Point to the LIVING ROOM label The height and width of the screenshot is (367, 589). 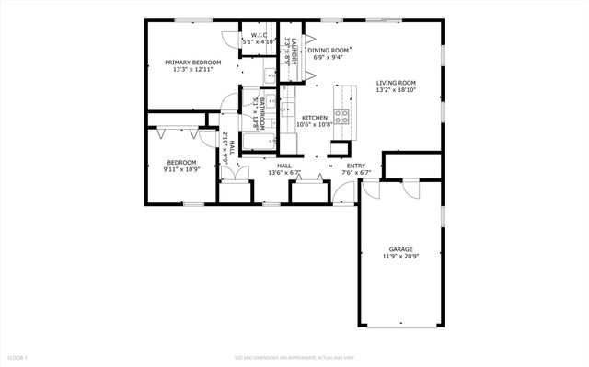point(396,83)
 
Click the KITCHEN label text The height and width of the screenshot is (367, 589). point(315,118)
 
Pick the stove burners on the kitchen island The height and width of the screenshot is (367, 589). point(341,117)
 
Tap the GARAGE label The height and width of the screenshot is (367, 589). point(400,248)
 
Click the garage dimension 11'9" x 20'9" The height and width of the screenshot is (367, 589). point(400,256)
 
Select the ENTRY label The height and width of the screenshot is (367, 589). point(356,166)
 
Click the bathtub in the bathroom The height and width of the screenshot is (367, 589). point(258,143)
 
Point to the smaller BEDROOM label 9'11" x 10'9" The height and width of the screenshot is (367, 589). point(181,163)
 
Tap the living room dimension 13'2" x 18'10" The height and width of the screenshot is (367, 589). point(396,90)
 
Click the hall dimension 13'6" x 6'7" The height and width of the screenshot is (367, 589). point(284,173)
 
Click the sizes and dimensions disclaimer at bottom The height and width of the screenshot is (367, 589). point(294,356)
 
